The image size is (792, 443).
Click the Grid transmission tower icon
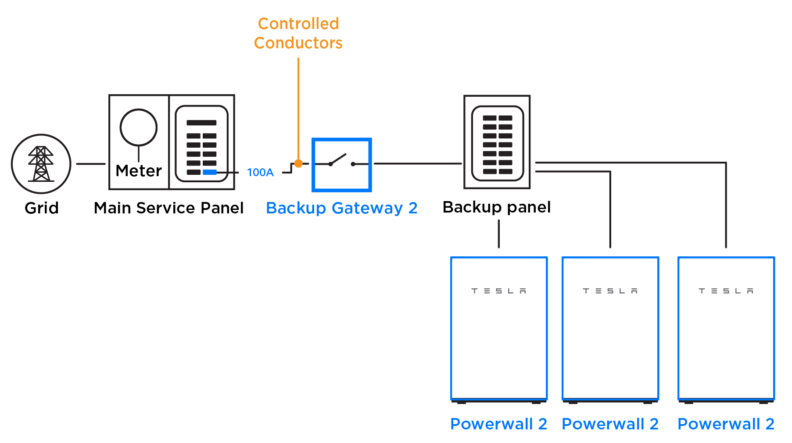point(41,164)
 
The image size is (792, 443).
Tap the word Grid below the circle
point(42,208)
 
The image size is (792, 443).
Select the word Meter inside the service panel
point(139,171)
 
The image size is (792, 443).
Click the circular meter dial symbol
point(139,128)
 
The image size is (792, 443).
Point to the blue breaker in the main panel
point(210,172)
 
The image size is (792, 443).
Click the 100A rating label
point(260,172)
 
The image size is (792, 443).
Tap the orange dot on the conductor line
point(298,163)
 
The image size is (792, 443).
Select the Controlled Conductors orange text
point(298,33)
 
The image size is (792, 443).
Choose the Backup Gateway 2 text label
point(342,208)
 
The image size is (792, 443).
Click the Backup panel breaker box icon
point(497,142)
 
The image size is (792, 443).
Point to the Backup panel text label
point(497,207)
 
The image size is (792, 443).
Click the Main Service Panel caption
point(169,208)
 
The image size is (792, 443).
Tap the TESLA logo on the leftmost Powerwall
point(499,291)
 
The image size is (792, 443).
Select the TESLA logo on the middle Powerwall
point(610,291)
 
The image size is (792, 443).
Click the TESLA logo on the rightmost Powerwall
point(726,291)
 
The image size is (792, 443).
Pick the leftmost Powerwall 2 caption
point(499,424)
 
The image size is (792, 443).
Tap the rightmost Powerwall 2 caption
point(726,424)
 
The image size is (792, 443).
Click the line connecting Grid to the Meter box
point(91,164)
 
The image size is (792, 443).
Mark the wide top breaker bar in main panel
point(201,123)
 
